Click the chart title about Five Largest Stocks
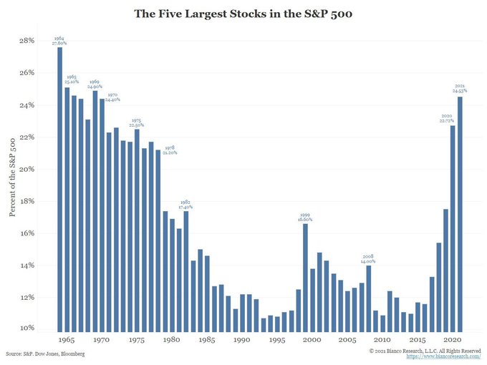(x=243, y=13)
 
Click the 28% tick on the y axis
(x=26, y=41)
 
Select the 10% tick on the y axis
(x=26, y=328)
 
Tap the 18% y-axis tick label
(x=26, y=201)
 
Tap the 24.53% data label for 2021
(x=459, y=91)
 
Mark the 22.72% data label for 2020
(x=445, y=120)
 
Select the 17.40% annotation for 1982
(x=185, y=206)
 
